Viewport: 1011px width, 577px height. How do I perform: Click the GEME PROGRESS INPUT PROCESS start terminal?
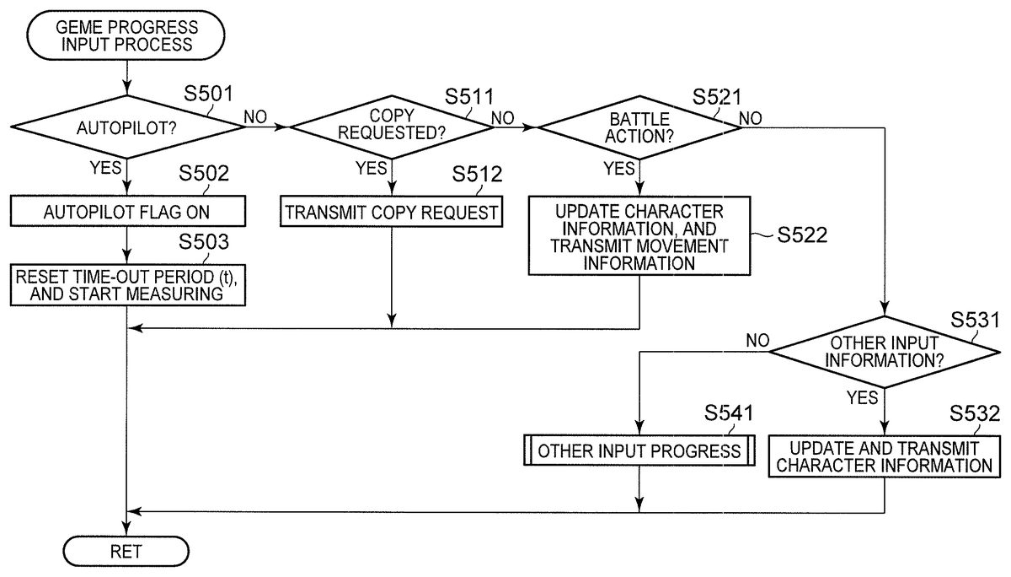pos(126,36)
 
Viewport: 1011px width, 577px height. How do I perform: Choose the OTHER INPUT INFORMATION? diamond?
pos(885,352)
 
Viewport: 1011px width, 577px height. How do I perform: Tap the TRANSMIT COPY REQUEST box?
pos(391,212)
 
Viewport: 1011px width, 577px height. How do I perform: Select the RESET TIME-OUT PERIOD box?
pos(126,283)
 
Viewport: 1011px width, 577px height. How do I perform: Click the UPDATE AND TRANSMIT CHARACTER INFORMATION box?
pos(885,456)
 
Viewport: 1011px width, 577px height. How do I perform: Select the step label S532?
pos(975,413)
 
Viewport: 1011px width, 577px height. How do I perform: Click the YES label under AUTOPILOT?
pos(106,168)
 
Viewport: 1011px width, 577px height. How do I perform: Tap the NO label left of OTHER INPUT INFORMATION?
pos(757,340)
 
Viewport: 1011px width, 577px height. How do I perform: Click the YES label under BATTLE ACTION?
pos(619,168)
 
